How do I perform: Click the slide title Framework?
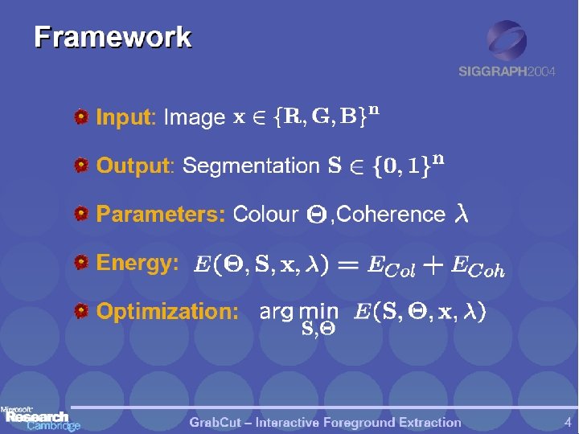[113, 37]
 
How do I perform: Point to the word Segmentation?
[251, 166]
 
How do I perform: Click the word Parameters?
[160, 215]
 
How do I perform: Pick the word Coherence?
[392, 215]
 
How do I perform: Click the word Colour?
[265, 215]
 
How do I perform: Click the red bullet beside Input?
[81, 118]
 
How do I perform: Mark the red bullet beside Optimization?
[81, 311]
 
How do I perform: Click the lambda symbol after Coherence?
[461, 215]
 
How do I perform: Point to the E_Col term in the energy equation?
[391, 266]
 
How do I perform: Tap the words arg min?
[298, 312]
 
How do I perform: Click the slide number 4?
[568, 421]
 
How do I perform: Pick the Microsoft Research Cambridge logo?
[40, 419]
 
